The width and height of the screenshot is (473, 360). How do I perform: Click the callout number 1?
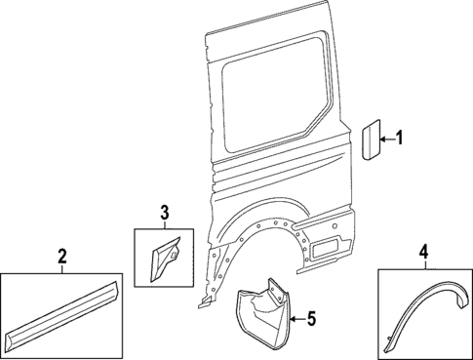412,140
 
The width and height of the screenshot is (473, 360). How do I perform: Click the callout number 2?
61,257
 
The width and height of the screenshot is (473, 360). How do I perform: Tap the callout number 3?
164,212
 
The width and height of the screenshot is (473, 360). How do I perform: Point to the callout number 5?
312,318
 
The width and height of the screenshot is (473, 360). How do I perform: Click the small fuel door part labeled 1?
372,139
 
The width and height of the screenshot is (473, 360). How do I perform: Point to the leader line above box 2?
61,270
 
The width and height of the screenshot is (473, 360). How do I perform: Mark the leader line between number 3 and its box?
164,224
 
